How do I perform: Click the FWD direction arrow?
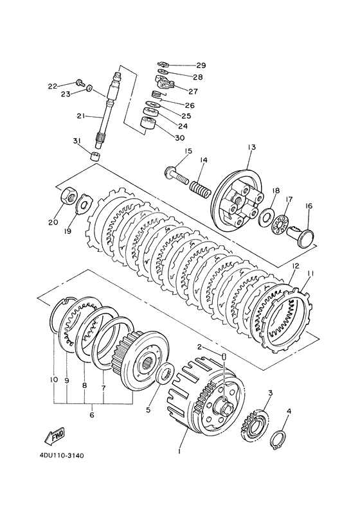[55, 436]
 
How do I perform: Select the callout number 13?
[251, 147]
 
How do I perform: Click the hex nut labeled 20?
[68, 195]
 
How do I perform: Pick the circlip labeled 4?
[278, 441]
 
